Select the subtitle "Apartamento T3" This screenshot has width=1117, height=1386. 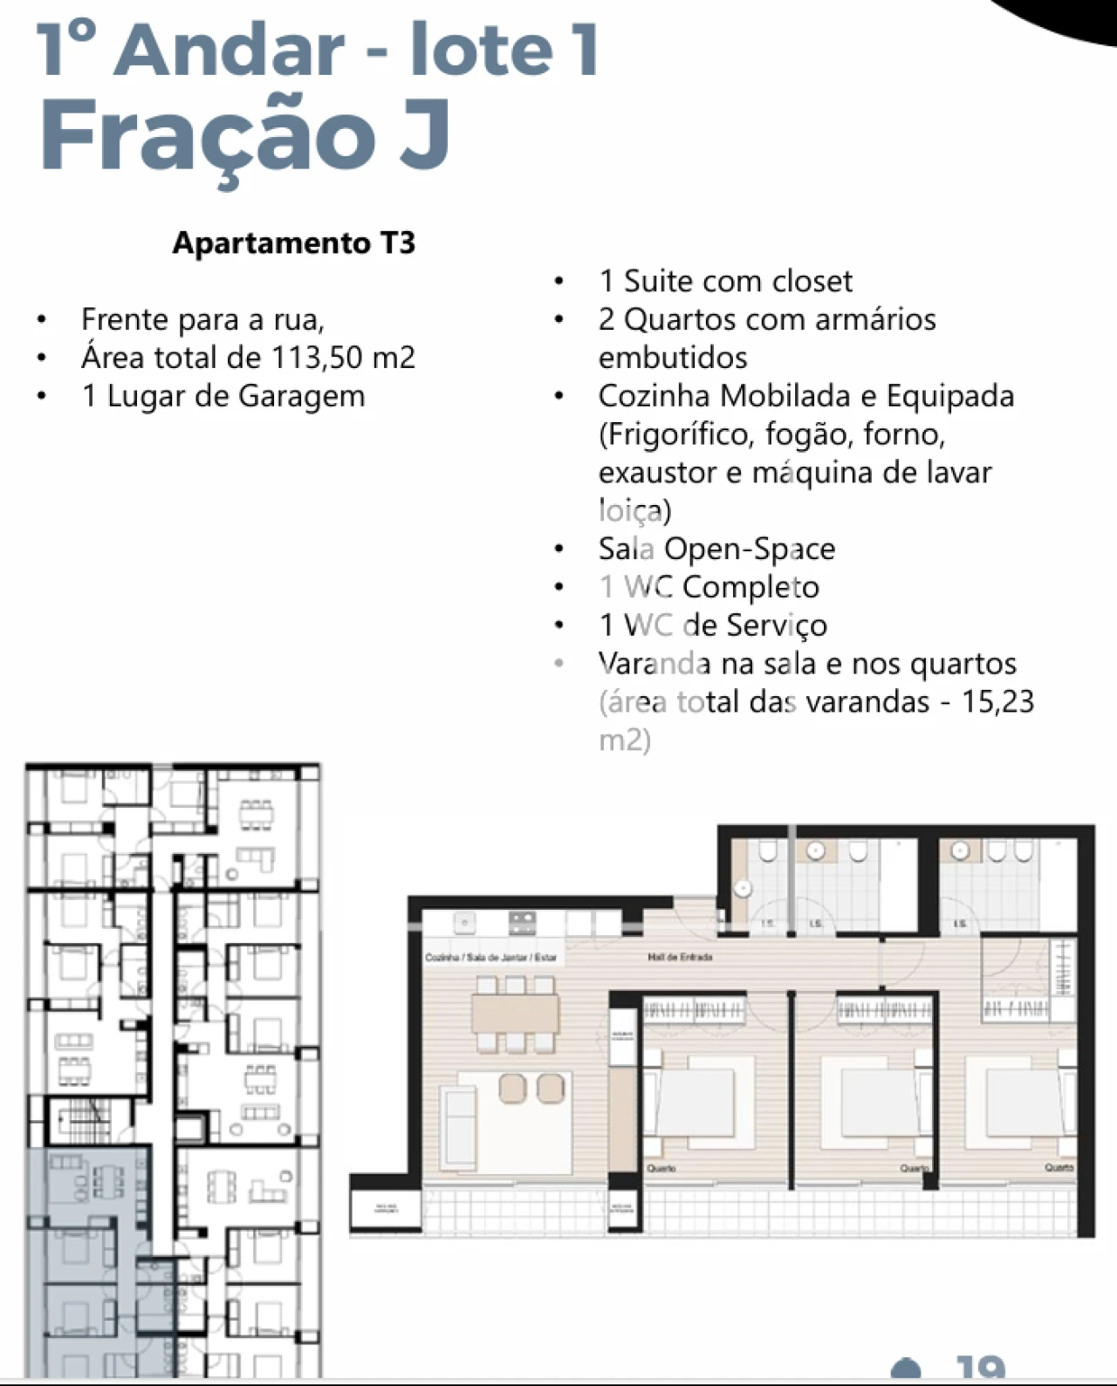pos(294,242)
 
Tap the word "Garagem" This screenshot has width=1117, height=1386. pos(301,396)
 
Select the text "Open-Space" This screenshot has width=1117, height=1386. pos(750,549)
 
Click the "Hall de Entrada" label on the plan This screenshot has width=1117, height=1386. pos(680,957)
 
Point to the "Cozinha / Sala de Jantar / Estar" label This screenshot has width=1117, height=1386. pos(490,957)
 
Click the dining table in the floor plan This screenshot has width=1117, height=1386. pos(515,1013)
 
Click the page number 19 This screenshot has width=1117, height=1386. pos(980,1369)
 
